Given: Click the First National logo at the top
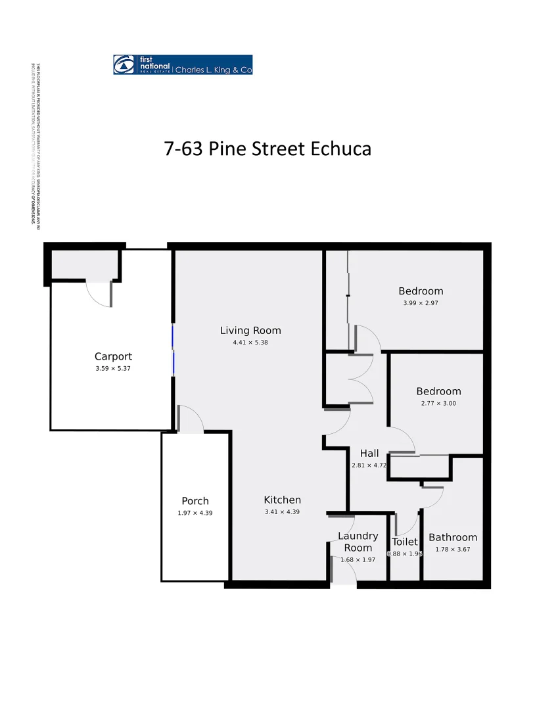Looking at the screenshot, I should pyautogui.click(x=183, y=64).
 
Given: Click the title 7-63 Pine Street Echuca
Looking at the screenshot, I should pyautogui.click(x=267, y=148).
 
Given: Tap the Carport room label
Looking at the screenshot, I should pyautogui.click(x=113, y=357).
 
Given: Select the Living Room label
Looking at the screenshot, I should pyautogui.click(x=250, y=331).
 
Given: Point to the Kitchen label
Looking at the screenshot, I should pyautogui.click(x=282, y=500).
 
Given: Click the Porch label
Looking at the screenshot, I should pyautogui.click(x=195, y=501).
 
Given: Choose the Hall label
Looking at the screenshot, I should pyautogui.click(x=369, y=453).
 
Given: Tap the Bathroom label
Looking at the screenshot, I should pyautogui.click(x=453, y=537).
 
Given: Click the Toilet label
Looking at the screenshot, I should pyautogui.click(x=405, y=542).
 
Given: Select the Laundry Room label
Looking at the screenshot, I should pyautogui.click(x=358, y=542).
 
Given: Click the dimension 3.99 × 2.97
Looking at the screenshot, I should pyautogui.click(x=421, y=303).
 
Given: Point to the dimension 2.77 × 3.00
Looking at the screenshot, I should pyautogui.click(x=438, y=403).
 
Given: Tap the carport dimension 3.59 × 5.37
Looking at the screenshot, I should pyautogui.click(x=113, y=369).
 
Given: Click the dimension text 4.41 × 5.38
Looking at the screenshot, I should pyautogui.click(x=250, y=343).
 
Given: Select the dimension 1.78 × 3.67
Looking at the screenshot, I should pyautogui.click(x=453, y=549).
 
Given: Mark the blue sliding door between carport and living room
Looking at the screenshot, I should pyautogui.click(x=173, y=349).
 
